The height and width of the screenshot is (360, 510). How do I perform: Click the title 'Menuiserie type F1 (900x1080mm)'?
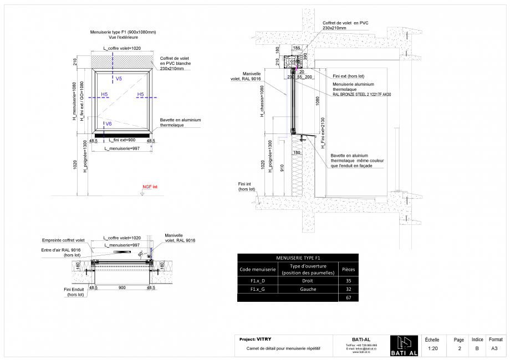[x=123, y=32]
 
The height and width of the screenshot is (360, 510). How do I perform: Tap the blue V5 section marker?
[x=119, y=79]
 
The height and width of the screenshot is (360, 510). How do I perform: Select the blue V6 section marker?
[x=109, y=124]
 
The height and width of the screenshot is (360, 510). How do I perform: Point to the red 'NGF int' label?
[x=150, y=187]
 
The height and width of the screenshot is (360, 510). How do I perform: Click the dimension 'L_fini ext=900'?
[x=122, y=140]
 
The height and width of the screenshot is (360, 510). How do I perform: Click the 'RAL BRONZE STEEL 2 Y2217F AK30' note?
[x=362, y=95]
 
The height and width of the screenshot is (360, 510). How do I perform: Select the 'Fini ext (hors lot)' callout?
[x=349, y=75]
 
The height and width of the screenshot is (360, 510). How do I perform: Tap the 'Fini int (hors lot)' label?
[x=247, y=187]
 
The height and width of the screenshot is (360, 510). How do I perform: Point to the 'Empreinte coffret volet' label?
[x=63, y=240]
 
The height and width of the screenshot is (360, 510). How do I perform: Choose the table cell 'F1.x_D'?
[x=258, y=281]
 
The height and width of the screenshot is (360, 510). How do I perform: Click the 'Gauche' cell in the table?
[x=308, y=289]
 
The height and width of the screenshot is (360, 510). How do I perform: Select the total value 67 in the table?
[x=349, y=298]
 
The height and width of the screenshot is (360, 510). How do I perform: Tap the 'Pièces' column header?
[x=349, y=269]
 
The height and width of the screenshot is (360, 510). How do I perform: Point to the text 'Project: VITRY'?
[x=255, y=339]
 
